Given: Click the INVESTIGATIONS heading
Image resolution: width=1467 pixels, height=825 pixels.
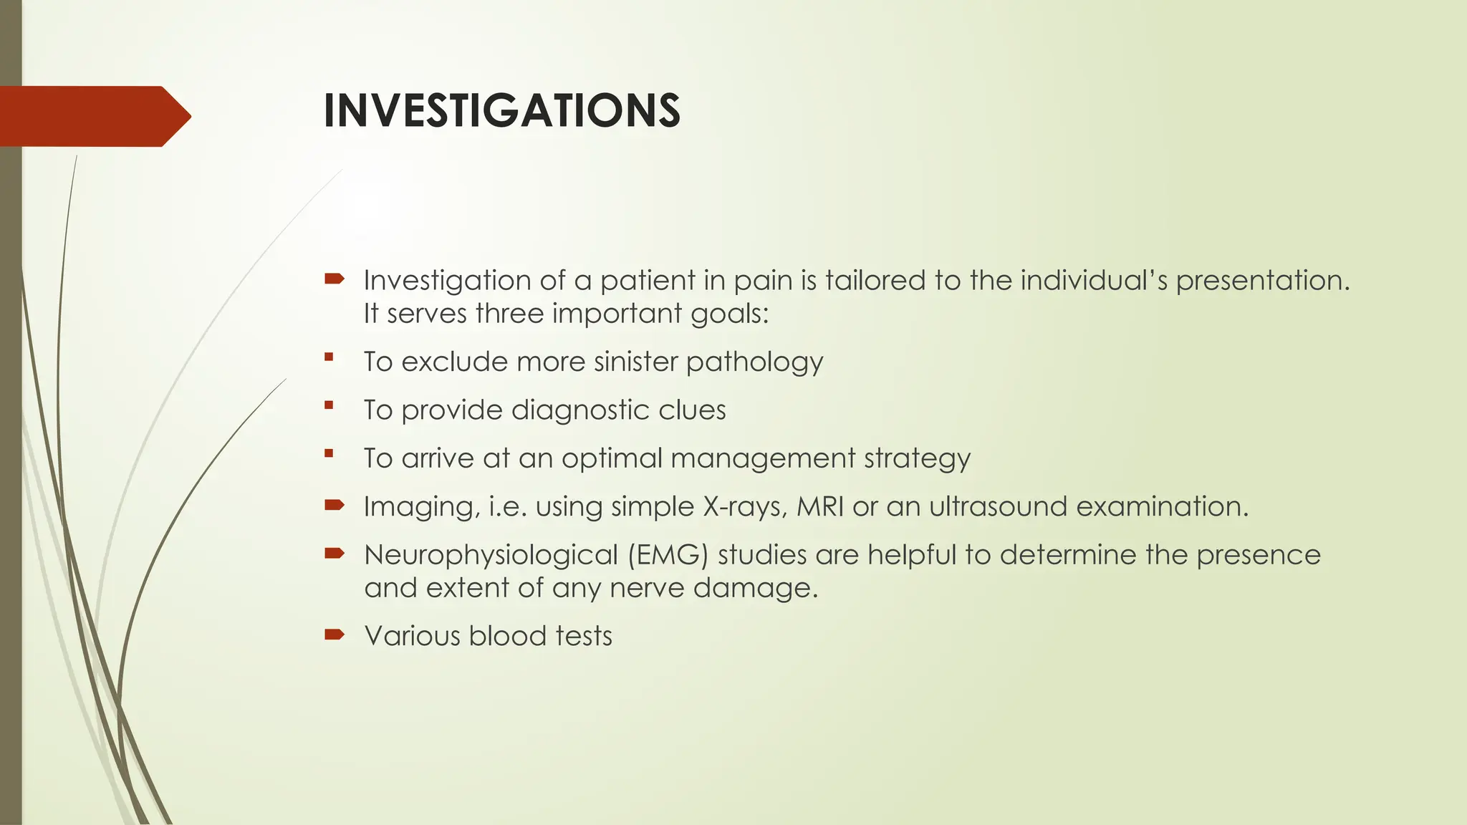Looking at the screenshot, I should tap(501, 111).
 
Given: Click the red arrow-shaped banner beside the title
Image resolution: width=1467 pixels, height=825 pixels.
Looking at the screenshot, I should tap(93, 117).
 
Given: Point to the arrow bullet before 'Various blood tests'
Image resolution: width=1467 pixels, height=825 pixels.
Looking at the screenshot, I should tap(334, 635).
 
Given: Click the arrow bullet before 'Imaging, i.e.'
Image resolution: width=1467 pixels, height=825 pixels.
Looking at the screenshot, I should tap(334, 506).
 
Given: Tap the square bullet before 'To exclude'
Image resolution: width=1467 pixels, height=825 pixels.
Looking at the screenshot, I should tap(329, 357).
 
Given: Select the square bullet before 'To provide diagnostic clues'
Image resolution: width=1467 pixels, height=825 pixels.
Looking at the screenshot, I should tap(329, 405).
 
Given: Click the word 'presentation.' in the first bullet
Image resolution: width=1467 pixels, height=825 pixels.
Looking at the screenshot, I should tap(1262, 281).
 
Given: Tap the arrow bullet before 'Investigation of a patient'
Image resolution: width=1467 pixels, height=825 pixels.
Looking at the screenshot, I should tap(334, 279).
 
